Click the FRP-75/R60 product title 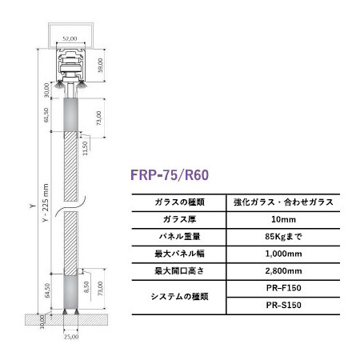(x=170, y=175)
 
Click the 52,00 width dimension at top (x=70, y=38)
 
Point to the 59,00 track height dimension (x=100, y=65)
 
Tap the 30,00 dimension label (x=46, y=90)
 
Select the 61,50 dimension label (x=46, y=115)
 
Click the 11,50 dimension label (x=85, y=148)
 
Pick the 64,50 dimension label (x=47, y=290)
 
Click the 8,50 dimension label (x=86, y=287)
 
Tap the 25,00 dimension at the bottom (x=71, y=337)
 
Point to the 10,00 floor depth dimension (x=42, y=322)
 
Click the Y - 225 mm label (x=46, y=202)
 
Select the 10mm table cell (x=283, y=219)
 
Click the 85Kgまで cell (x=283, y=237)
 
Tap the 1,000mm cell (x=283, y=254)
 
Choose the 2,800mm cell (x=283, y=271)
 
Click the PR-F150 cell (x=283, y=288)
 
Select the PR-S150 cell (x=283, y=305)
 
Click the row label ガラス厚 (x=179, y=219)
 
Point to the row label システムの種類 (x=179, y=297)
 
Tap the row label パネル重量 (x=179, y=237)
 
